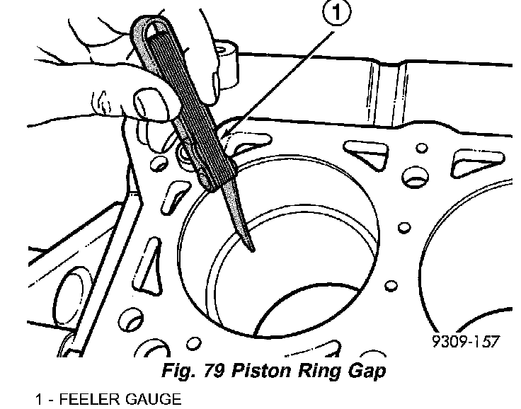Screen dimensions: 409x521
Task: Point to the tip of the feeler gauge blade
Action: coord(253,249)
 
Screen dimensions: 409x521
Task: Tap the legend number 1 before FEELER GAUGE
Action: coord(40,398)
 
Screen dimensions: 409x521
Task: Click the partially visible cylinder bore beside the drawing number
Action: coord(467,283)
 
